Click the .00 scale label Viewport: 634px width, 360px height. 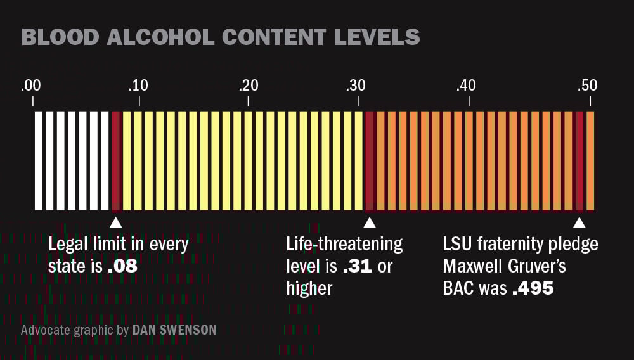pos(31,86)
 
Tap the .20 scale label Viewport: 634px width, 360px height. pos(248,86)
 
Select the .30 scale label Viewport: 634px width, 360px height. pos(357,86)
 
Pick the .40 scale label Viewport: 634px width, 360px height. pos(467,86)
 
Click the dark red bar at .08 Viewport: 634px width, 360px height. pos(115,160)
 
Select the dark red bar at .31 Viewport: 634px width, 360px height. pos(370,160)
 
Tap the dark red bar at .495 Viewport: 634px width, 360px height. pos(579,160)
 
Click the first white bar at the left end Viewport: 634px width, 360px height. pos(39,160)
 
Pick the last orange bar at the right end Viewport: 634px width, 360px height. pos(590,160)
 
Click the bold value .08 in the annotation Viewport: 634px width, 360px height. pos(122,266)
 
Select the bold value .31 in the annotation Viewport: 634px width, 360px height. pos(358,266)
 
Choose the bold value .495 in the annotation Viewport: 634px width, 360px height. pos(533,288)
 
